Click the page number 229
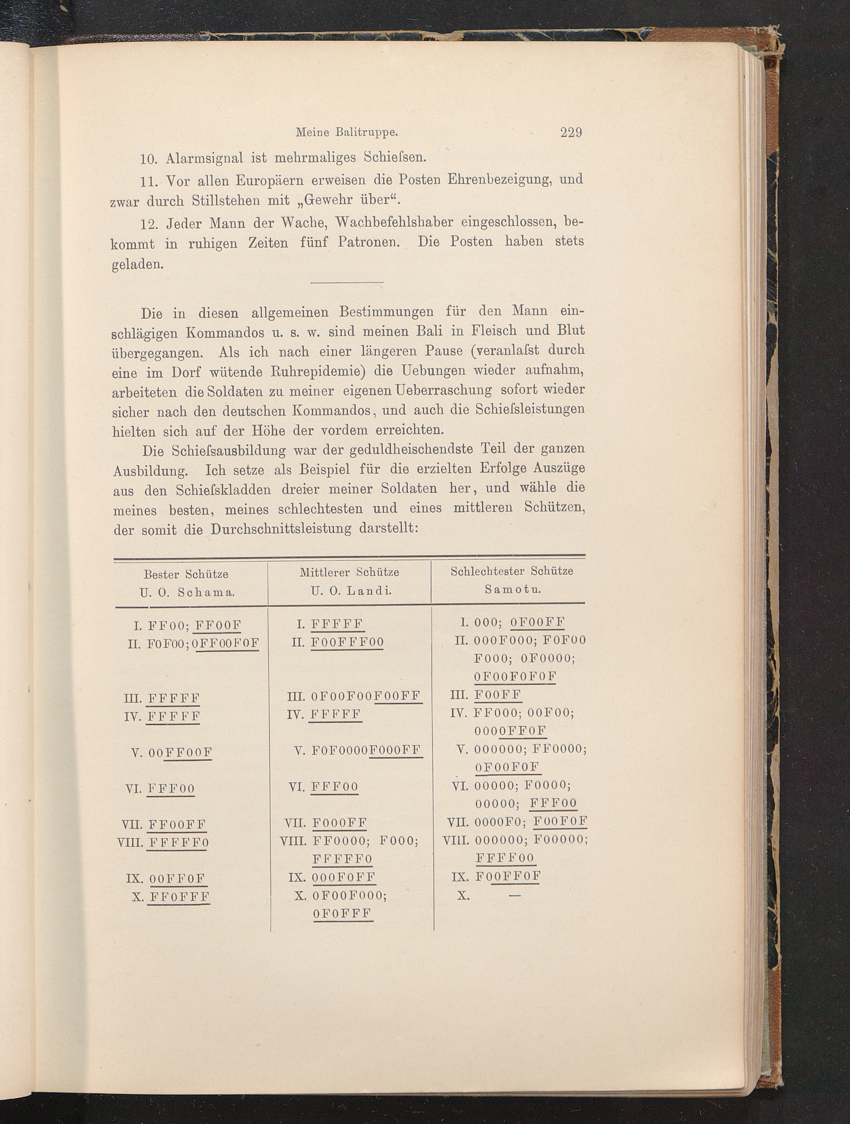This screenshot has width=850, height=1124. [570, 133]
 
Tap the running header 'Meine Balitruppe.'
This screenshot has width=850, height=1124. [346, 133]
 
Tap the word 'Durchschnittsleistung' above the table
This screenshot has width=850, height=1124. [281, 529]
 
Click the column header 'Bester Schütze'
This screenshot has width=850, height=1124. [186, 574]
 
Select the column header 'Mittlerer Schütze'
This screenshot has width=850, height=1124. [349, 572]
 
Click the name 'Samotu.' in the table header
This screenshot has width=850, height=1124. [512, 590]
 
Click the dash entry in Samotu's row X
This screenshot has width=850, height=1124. [515, 896]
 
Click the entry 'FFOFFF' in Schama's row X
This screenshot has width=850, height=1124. [179, 897]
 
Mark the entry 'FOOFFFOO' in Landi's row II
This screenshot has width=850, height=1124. [347, 642]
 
